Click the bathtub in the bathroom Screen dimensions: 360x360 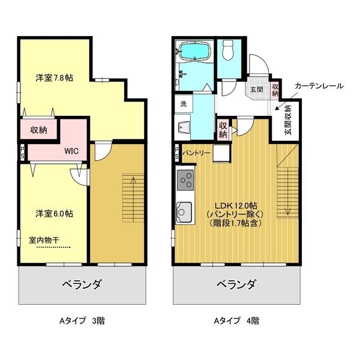194,52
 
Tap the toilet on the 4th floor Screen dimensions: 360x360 228,50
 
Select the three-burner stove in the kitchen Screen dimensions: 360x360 185,180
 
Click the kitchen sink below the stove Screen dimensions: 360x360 184,212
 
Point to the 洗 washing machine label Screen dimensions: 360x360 184,104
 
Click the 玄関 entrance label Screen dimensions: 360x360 256,89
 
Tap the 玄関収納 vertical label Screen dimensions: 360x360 288,119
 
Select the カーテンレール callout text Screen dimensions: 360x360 319,86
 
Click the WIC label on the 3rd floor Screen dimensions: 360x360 71,151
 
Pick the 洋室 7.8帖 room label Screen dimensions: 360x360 55,78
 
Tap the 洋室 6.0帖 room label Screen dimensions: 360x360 55,214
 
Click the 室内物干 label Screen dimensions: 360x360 44,240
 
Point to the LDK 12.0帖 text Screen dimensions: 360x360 236,205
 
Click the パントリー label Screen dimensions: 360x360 196,153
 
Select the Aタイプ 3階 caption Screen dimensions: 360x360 82,320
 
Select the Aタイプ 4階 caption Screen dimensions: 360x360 236,320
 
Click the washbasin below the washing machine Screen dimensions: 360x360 184,127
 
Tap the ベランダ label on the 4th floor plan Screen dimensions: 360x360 236,284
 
